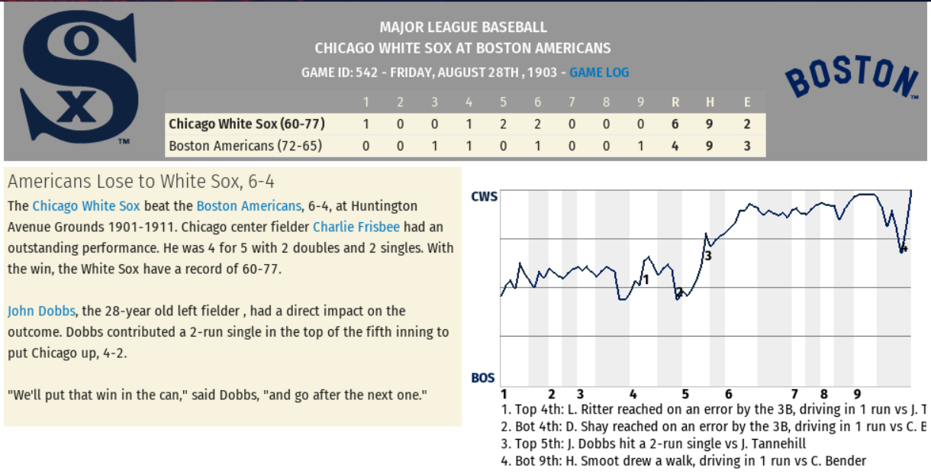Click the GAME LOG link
(599, 73)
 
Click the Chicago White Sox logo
(79, 79)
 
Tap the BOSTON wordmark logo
(851, 77)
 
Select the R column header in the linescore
(675, 102)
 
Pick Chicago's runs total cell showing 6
(675, 124)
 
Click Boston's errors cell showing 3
(747, 146)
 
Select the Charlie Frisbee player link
(356, 227)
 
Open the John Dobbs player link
(41, 311)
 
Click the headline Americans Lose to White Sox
(141, 182)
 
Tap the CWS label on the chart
(484, 197)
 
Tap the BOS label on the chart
(483, 378)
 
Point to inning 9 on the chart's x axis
(857, 395)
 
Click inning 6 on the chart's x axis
(728, 395)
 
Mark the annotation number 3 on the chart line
(708, 256)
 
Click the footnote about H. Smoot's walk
(683, 461)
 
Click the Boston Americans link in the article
(249, 206)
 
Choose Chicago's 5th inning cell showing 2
(503, 124)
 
